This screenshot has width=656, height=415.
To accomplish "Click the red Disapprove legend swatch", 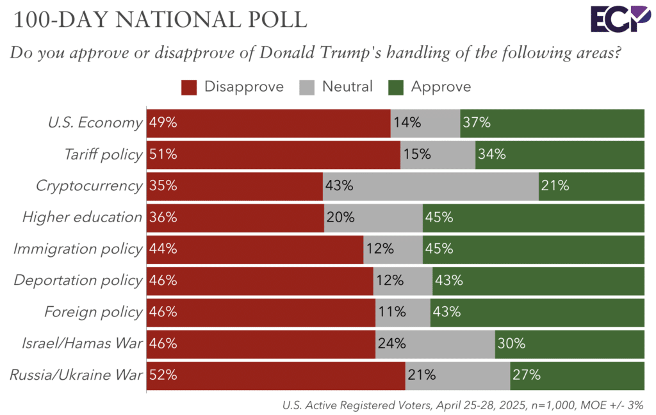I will (190, 87).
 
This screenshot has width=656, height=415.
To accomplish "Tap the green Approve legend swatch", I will (396, 87).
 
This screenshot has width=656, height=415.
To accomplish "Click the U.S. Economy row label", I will (95, 123).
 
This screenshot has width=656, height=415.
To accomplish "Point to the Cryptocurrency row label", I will (88, 186).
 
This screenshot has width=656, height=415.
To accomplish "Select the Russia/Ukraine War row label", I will (76, 375).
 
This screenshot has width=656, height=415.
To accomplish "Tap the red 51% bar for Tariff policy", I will (274, 154).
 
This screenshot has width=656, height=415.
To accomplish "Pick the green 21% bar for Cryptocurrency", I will (591, 186).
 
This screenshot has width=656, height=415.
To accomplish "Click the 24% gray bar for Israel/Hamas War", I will (435, 344).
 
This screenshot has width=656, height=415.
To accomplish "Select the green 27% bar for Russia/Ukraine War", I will (577, 375).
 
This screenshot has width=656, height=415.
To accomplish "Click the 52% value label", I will (163, 375).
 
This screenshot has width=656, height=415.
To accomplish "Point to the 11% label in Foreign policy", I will (392, 313).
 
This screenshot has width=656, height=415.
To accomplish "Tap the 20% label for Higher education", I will (341, 218).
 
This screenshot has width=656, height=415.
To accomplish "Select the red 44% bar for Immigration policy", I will (255, 249).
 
